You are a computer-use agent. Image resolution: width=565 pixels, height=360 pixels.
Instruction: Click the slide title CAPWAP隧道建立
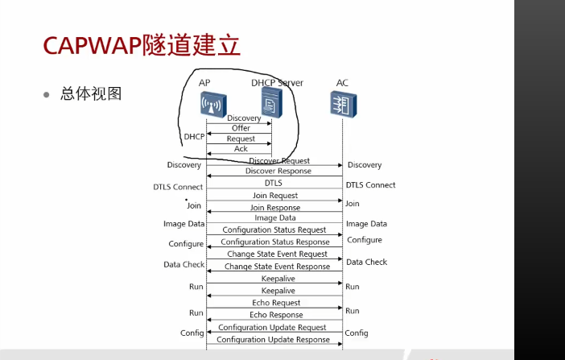click(x=130, y=45)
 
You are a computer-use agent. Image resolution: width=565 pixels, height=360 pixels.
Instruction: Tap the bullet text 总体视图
click(x=91, y=93)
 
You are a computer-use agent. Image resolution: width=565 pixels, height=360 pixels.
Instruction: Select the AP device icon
click(x=213, y=105)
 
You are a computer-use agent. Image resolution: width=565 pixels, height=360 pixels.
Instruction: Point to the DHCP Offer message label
click(x=241, y=128)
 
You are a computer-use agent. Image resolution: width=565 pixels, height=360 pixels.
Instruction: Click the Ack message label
click(x=241, y=149)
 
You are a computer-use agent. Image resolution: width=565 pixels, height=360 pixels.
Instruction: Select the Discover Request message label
click(x=278, y=161)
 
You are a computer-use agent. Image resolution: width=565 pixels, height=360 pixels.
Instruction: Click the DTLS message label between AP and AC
click(x=274, y=184)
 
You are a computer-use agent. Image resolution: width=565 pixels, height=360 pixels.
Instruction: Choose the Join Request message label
click(x=274, y=196)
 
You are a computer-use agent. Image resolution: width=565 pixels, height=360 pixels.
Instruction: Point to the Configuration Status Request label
click(x=274, y=230)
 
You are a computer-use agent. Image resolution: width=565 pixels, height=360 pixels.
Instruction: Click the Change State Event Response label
click(x=277, y=267)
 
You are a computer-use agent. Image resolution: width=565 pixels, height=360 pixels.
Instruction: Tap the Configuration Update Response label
click(x=274, y=340)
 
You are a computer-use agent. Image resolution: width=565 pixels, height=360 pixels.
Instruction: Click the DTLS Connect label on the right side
click(x=370, y=185)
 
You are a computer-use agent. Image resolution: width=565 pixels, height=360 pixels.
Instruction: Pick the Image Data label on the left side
click(x=184, y=224)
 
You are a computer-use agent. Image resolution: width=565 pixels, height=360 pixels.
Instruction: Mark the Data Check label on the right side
click(x=366, y=262)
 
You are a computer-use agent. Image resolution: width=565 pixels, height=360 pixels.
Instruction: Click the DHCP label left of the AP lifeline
click(x=194, y=137)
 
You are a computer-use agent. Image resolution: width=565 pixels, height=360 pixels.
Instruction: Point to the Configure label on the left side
click(x=186, y=244)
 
